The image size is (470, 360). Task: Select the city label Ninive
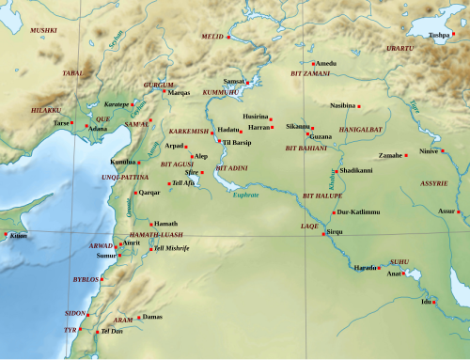(x=430, y=150)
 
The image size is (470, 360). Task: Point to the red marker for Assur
(x=461, y=211)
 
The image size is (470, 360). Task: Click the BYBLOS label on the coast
(x=86, y=279)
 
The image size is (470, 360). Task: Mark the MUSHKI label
(x=43, y=31)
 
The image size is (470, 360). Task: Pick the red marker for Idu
(x=434, y=302)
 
